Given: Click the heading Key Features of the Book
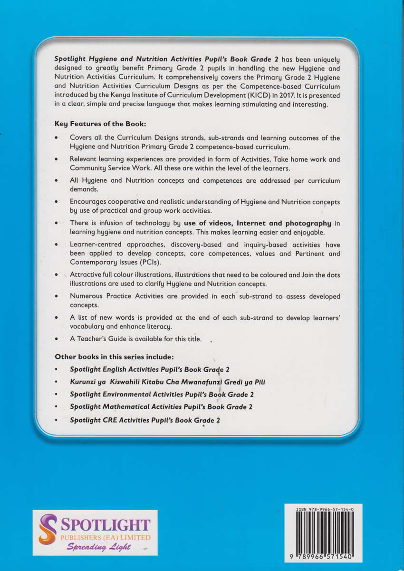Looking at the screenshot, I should [100, 124].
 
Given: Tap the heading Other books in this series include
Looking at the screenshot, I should [114, 356].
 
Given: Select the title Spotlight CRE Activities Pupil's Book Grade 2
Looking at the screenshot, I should [145, 420].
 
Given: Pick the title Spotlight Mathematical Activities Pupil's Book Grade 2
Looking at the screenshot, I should [161, 407].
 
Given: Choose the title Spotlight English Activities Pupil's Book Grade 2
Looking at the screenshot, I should [150, 369].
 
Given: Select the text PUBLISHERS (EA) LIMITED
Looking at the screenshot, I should [105, 538].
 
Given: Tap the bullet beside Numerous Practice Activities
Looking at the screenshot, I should [57, 296].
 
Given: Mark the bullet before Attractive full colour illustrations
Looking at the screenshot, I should [57, 275].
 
